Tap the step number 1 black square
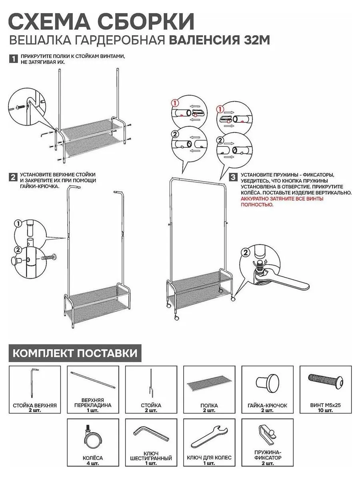pos(13,59)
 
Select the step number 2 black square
pos(13,177)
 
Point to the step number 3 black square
pos(232,177)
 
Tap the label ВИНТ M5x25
pos(325,405)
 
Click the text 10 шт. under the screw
pos(325,411)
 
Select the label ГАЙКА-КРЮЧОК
pos(267,405)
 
